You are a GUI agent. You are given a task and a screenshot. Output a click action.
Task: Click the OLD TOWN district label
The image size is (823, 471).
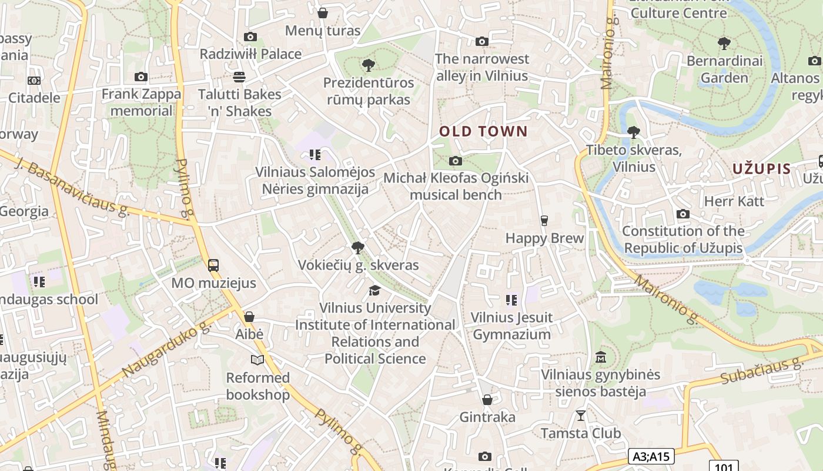pos(483,131)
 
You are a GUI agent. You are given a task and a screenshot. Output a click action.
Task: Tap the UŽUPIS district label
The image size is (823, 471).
pos(761,169)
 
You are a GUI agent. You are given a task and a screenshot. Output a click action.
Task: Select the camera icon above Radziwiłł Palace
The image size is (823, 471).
pos(250,37)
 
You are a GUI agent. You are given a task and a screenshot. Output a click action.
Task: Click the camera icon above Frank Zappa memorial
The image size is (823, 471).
pos(141,77)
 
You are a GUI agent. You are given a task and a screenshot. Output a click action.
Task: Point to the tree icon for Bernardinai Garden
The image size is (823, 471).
pos(724,43)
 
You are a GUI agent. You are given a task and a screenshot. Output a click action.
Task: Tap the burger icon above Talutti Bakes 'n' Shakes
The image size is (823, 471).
pos(239,77)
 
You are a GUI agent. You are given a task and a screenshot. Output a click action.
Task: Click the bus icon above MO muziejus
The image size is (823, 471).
pos(213,265)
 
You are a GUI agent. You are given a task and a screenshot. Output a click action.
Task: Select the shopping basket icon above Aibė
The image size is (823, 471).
pos(249,317)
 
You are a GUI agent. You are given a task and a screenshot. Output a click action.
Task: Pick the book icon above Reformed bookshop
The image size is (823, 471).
pos(257,360)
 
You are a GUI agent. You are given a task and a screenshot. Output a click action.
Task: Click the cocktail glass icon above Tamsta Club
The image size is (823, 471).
pos(581,416)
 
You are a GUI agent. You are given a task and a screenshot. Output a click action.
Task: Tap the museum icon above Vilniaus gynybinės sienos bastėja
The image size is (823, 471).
pos(601,357)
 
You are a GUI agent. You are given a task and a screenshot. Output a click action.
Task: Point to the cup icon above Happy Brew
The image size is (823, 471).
pos(544,221)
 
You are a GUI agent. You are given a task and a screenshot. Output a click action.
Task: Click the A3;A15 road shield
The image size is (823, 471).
pos(651,456)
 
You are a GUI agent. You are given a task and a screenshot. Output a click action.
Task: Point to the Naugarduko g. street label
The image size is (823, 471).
pos(166,351)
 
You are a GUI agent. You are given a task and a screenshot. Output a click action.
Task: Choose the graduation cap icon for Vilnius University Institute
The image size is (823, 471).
pos(374,290)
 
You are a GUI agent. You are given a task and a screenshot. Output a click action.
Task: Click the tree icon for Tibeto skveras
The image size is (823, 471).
pos(633,132)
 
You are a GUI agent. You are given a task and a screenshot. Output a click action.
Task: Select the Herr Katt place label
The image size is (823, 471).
pos(734,201)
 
